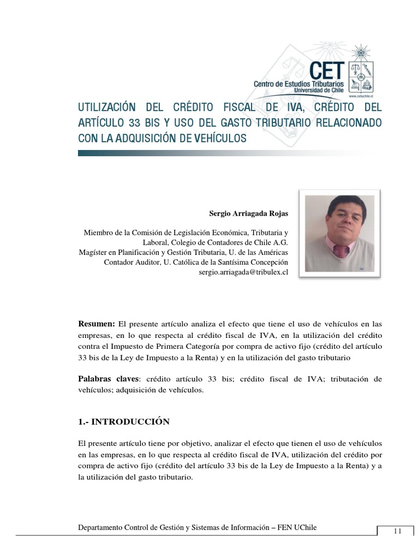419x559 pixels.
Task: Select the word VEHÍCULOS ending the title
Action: [x=217, y=138]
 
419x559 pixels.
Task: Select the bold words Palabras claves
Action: [x=109, y=379]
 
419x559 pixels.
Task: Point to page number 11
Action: [x=397, y=531]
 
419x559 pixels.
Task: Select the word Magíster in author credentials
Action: [x=93, y=252]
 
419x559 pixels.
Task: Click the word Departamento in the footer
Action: [x=103, y=527]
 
